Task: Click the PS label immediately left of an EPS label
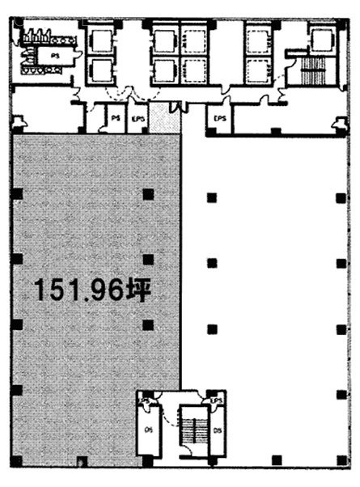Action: (x=115, y=119)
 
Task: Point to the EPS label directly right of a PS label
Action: (x=138, y=119)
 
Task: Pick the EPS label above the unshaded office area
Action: (x=218, y=119)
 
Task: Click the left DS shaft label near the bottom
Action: (x=148, y=430)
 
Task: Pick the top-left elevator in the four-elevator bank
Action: (x=165, y=40)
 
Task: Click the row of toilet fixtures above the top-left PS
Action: (x=42, y=36)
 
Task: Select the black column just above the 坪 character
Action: (x=147, y=260)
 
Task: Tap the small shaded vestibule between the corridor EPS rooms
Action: (x=163, y=119)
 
